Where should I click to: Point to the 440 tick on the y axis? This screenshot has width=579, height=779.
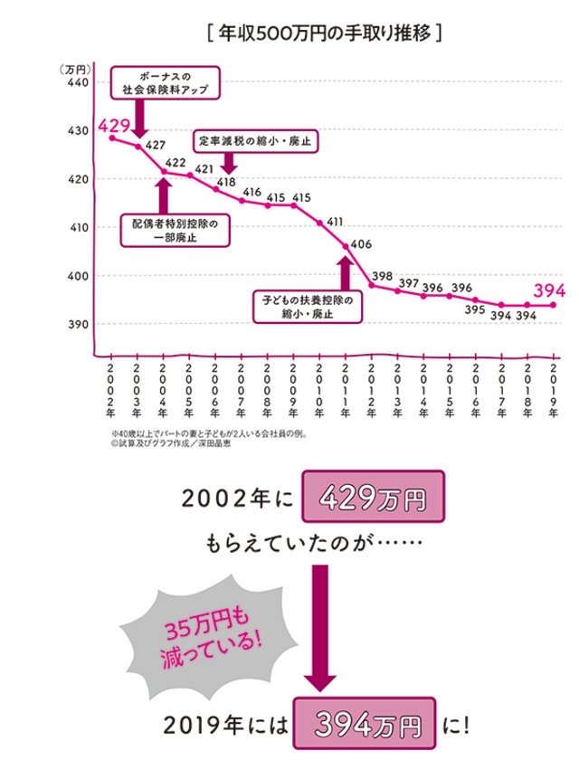pos(77,83)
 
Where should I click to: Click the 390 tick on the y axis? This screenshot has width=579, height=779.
pos(77,325)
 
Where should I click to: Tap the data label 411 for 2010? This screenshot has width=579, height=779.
pos(335,222)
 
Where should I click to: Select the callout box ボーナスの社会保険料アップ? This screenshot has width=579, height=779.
pos(164,82)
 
